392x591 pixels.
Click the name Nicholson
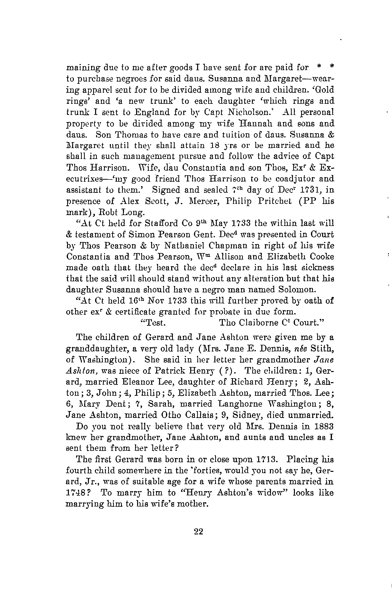pyautogui.click(x=250, y=112)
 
